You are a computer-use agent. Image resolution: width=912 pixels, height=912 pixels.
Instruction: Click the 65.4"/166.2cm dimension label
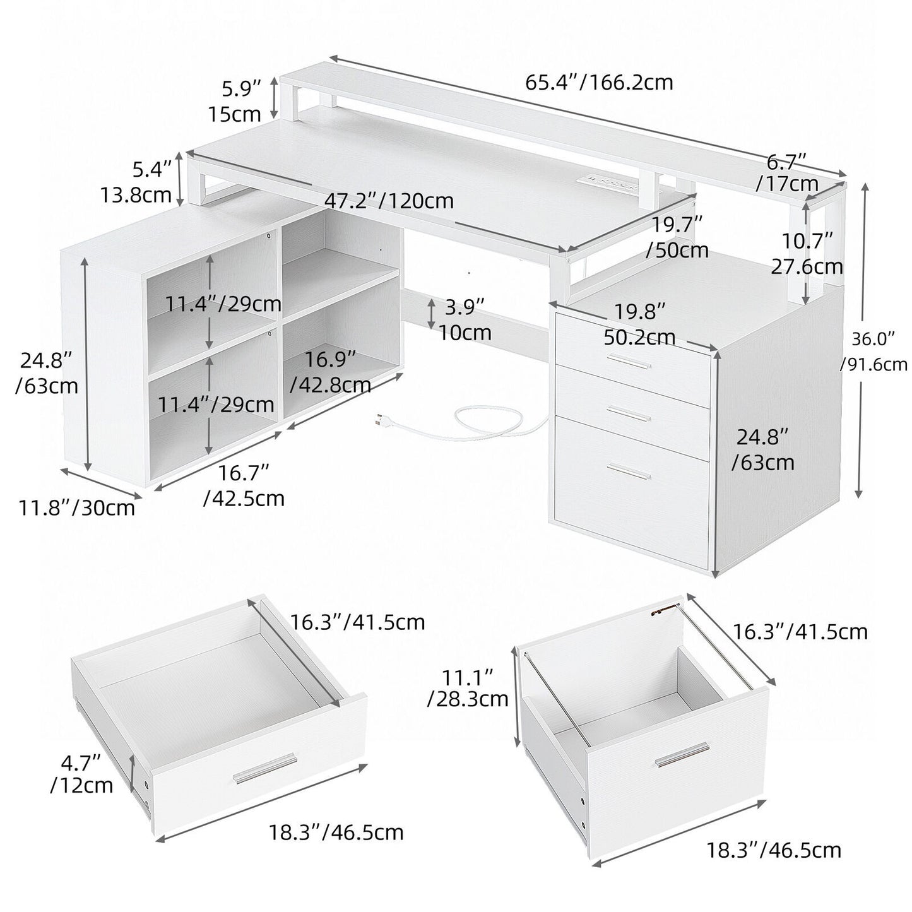coord(599,83)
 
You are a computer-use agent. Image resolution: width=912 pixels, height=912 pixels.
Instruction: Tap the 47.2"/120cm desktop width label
coord(389,201)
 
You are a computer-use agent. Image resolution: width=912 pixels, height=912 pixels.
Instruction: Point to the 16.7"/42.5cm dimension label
coord(244,485)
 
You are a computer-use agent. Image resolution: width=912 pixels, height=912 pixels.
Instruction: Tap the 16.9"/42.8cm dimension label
coord(329,372)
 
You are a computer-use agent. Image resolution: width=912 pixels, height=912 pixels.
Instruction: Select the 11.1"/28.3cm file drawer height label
coord(467,688)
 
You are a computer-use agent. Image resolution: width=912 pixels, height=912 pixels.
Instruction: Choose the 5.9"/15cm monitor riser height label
coord(235,101)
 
